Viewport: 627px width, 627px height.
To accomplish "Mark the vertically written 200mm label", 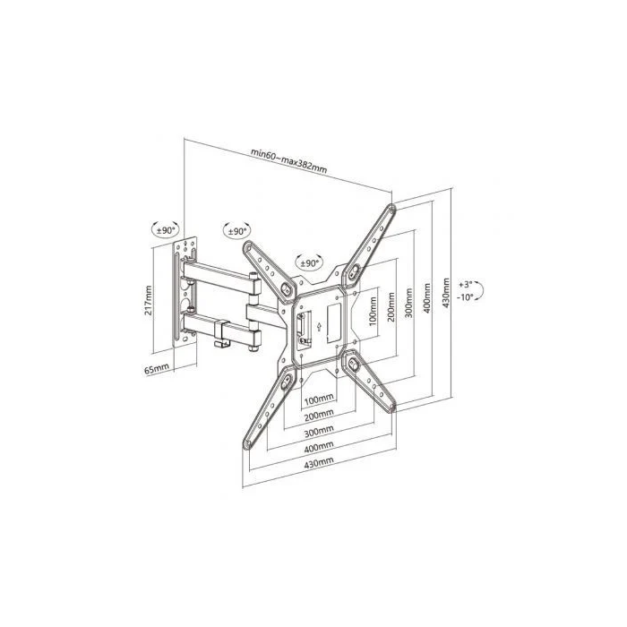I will [x=390, y=309].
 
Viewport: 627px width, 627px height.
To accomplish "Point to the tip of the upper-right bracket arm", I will [x=391, y=210].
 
